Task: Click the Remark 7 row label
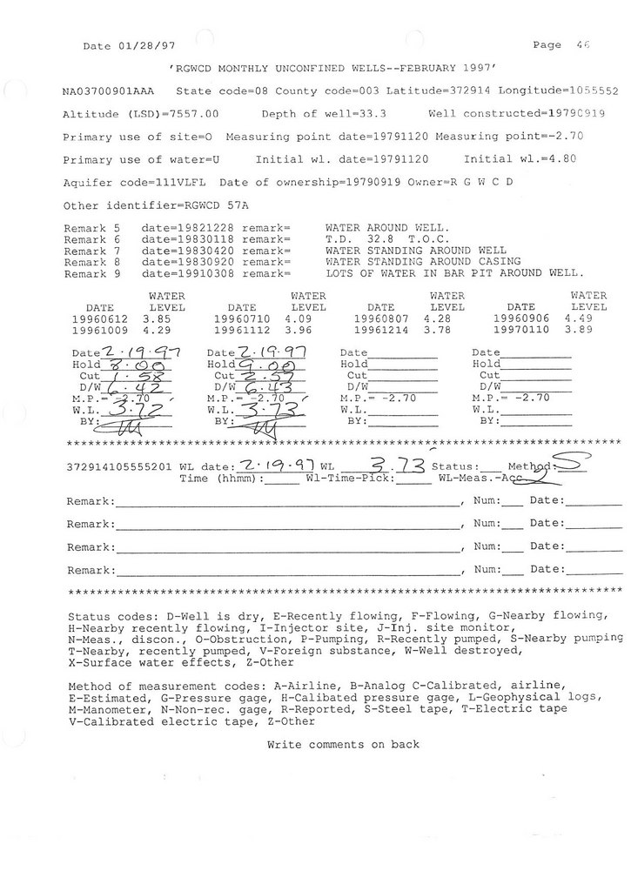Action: pyautogui.click(x=91, y=250)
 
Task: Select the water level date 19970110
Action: pyautogui.click(x=520, y=331)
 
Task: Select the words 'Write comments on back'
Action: pyautogui.click(x=343, y=745)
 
